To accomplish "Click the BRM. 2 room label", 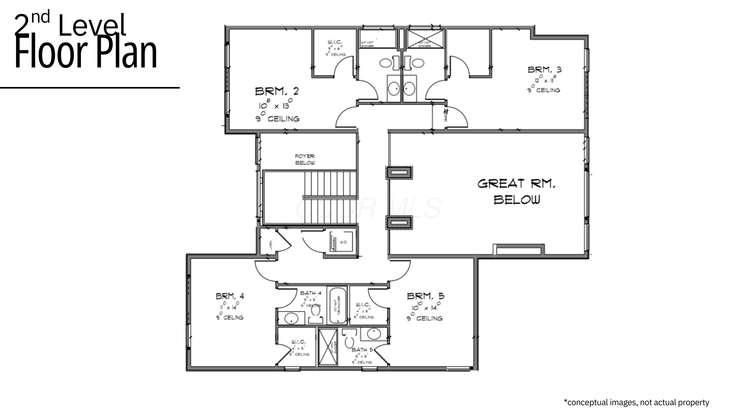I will [x=277, y=91].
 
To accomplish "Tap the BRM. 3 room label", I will [x=544, y=70].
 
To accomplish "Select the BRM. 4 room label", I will [x=230, y=296].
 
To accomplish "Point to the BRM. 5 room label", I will [x=426, y=296].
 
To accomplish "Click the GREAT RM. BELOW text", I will [x=516, y=191].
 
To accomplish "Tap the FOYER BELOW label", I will [x=305, y=159].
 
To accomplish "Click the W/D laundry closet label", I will [x=343, y=242].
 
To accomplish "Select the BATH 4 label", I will [x=310, y=293].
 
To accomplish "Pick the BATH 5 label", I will [x=362, y=350].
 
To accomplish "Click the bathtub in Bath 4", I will [x=338, y=305].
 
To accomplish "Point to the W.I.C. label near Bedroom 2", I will [x=335, y=42].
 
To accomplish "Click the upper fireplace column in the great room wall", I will [x=399, y=173].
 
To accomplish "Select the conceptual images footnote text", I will [x=636, y=402].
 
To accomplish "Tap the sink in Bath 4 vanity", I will [x=291, y=318].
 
